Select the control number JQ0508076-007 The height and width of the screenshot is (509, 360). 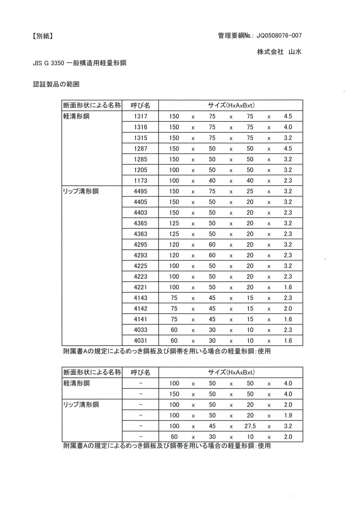pyautogui.click(x=279, y=36)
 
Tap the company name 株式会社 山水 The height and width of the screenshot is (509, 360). pyautogui.click(x=279, y=52)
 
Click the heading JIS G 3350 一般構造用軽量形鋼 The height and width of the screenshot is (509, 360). pyautogui.click(x=79, y=63)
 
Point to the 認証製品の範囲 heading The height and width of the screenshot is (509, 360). pyautogui.click(x=56, y=84)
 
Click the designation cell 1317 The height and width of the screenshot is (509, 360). pyautogui.click(x=140, y=116)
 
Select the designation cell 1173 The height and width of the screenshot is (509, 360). pyautogui.click(x=140, y=181)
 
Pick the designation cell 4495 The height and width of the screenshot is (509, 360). pyautogui.click(x=140, y=191)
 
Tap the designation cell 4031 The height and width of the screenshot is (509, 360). pyautogui.click(x=140, y=340)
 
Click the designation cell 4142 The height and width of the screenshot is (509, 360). pyautogui.click(x=140, y=309)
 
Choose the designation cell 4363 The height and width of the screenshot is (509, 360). pyautogui.click(x=140, y=234)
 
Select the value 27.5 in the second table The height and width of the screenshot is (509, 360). pyautogui.click(x=250, y=426)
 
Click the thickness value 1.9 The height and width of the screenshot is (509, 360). pyautogui.click(x=288, y=415)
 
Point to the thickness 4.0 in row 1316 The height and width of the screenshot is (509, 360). pyautogui.click(x=288, y=127)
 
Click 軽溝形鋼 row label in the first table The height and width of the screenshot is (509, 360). pyautogui.click(x=76, y=116)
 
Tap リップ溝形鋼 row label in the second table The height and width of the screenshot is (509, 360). pyautogui.click(x=81, y=405)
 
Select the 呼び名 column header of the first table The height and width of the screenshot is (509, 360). pyautogui.click(x=140, y=105)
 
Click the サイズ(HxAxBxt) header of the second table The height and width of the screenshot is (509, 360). pyautogui.click(x=231, y=372)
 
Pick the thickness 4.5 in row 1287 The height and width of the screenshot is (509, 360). pyautogui.click(x=288, y=148)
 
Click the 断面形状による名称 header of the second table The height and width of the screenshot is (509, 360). pyautogui.click(x=92, y=372)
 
